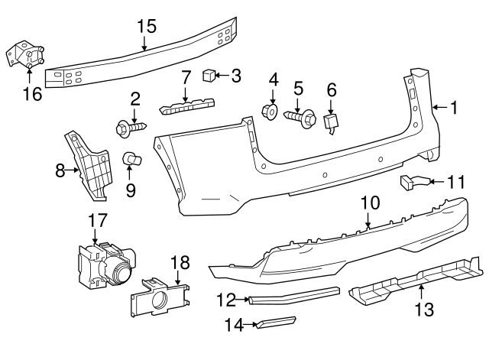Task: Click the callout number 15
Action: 146,26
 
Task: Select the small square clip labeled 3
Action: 207,75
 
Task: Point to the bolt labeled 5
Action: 303,118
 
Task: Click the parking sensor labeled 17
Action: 103,264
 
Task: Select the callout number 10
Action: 369,203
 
